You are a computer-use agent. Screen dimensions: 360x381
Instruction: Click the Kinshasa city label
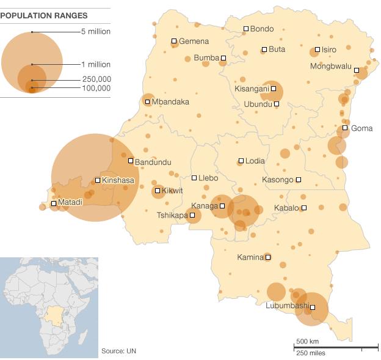pos(118,180)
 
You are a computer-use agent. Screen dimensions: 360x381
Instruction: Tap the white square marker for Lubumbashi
pos(313,307)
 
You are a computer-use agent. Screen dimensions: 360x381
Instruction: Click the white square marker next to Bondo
pos(246,29)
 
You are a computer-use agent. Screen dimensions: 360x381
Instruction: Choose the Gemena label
pos(194,42)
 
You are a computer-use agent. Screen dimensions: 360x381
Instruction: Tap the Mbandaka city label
pos(170,102)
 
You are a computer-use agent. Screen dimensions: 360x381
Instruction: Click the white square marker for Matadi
pos(54,204)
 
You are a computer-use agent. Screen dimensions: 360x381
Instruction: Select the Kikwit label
pos(172,191)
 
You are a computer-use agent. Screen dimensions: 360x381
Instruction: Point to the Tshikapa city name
pos(172,215)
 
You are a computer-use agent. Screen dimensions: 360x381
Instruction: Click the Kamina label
pos(250,257)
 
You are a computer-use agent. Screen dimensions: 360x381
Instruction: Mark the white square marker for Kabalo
pos(304,208)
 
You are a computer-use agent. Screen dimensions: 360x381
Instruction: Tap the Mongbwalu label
pos(331,67)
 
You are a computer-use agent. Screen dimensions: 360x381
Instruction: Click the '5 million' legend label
pos(96,32)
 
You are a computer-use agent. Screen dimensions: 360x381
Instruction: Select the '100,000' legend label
pos(96,89)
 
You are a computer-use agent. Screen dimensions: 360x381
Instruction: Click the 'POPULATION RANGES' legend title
pos(43,15)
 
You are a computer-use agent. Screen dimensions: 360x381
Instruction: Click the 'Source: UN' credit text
pos(118,351)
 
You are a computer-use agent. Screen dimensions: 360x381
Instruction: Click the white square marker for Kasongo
pos(299,180)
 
